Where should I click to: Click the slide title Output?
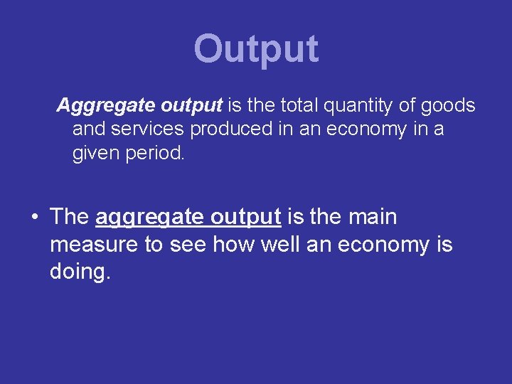tap(256, 49)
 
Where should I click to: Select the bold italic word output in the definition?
tap(192, 107)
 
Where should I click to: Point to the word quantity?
tap(358, 107)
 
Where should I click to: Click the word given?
tap(95, 154)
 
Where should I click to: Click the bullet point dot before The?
tap(34, 218)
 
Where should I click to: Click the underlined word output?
tap(246, 218)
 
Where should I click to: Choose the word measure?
tap(97, 245)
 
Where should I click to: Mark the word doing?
tap(80, 272)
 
